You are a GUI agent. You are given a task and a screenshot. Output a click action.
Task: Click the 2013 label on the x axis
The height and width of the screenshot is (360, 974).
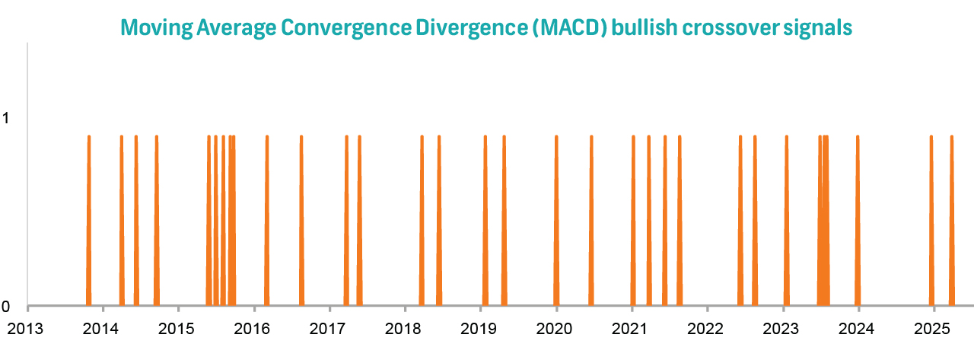27,329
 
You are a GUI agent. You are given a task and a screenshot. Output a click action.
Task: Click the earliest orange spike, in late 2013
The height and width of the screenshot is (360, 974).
89,221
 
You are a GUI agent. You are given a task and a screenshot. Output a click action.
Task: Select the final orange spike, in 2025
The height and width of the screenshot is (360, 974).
952,221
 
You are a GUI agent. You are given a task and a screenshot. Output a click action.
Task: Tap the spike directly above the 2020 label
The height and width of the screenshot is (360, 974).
556,221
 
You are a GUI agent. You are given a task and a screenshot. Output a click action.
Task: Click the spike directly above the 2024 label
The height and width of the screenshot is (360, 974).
858,221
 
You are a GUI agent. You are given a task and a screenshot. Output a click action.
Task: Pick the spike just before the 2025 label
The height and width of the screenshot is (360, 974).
931,221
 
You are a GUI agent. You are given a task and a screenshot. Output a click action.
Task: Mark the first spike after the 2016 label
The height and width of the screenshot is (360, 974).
267,221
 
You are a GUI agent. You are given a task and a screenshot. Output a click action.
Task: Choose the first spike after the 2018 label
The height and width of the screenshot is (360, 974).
422,221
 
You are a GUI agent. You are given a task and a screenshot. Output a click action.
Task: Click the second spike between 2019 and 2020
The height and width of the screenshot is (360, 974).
505,221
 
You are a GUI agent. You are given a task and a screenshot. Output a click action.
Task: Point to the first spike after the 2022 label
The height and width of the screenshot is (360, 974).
740,221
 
